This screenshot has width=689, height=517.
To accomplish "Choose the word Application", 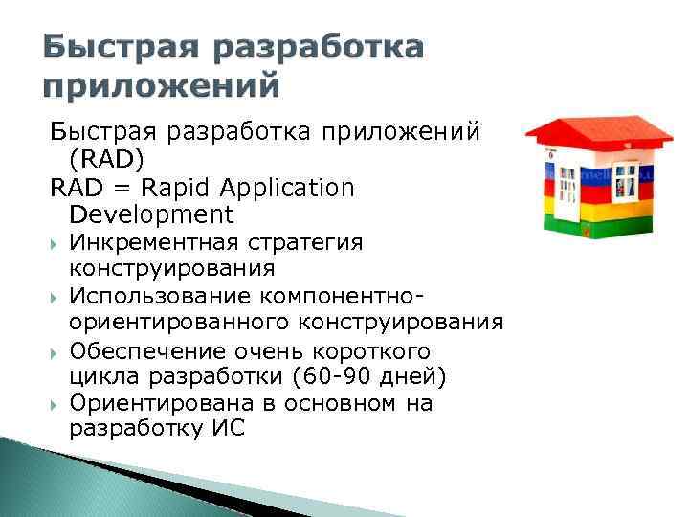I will pyautogui.click(x=285, y=188).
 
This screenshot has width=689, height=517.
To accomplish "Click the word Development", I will pyautogui.click(x=151, y=214).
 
